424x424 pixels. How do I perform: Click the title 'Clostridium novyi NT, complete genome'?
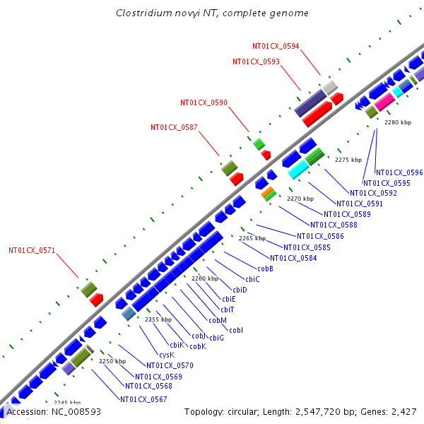[x=212, y=13]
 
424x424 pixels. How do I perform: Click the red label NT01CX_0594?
[x=276, y=46]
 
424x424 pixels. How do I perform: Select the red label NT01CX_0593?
[x=256, y=61]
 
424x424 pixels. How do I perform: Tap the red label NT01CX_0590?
[x=204, y=102]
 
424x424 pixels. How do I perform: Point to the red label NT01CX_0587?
[x=174, y=127]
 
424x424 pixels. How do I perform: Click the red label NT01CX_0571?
[x=32, y=250]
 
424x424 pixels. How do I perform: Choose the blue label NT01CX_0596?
[x=399, y=172]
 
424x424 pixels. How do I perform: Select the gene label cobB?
[x=265, y=269]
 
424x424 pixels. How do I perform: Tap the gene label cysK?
[x=166, y=355]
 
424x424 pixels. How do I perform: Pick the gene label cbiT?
[x=228, y=310]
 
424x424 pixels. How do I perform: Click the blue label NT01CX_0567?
[x=143, y=399]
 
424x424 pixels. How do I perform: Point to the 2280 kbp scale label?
[x=397, y=122]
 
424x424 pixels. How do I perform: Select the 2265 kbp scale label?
[x=252, y=238]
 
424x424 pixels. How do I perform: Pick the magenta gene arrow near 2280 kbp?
[x=384, y=102]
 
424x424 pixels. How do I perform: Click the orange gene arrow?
[x=267, y=191]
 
